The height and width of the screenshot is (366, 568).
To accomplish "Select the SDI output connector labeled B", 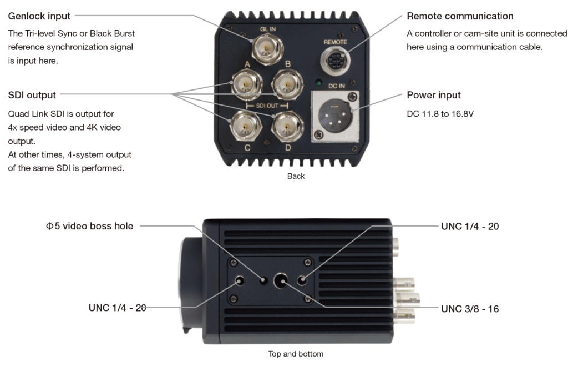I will click(x=287, y=85).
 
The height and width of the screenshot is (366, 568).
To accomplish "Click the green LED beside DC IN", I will click(x=318, y=84).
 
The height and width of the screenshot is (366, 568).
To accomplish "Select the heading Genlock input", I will click(x=39, y=17).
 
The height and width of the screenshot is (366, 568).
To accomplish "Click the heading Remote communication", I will click(x=460, y=17).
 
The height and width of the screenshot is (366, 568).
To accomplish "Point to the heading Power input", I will click(x=434, y=95).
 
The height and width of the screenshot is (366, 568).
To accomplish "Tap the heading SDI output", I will click(x=32, y=95).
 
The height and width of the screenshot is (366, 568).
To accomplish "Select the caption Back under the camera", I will click(x=296, y=176).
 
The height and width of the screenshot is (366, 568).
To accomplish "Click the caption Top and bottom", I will click(x=296, y=354).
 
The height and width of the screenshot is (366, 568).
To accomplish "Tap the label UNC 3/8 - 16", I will click(x=470, y=309).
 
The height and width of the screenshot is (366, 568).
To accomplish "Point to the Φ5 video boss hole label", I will click(x=90, y=226).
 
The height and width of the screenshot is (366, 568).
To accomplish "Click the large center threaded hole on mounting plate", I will click(x=282, y=281).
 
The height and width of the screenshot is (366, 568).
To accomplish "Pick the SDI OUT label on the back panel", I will click(x=268, y=105).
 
